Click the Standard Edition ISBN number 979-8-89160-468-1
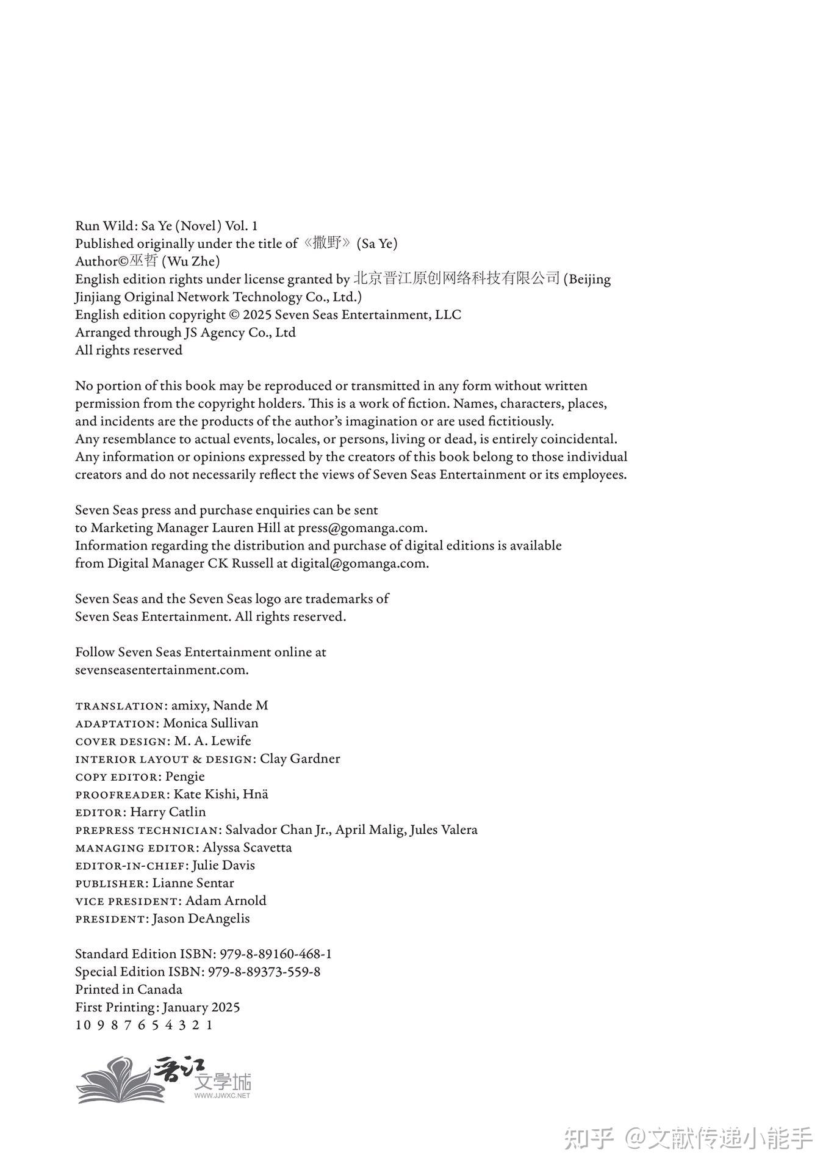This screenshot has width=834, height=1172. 270,954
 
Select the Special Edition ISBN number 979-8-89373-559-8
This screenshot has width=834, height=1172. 264,972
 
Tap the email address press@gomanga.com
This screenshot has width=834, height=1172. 362,528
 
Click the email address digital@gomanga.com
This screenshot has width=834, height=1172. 359,563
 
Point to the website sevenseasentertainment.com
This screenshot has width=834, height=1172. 161,670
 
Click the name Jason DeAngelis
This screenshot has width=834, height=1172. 201,919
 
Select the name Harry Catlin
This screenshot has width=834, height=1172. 168,812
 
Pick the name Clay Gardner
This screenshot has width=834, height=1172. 300,759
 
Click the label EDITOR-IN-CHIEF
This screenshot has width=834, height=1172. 131,866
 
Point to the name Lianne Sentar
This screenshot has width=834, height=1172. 193,883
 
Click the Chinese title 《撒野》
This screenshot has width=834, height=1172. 328,244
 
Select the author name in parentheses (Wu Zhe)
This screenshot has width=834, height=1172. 190,261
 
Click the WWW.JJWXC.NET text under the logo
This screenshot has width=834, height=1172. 222,1096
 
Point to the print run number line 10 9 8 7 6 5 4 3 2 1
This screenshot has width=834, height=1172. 144,1025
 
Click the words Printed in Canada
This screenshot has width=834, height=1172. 129,989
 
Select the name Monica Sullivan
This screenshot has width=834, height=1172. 210,723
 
